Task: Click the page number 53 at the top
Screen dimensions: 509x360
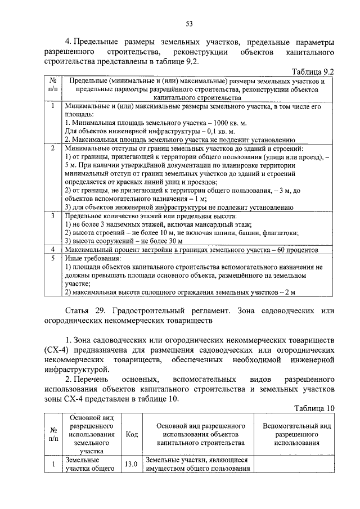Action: tap(190, 23)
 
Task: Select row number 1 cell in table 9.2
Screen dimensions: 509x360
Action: tap(52, 105)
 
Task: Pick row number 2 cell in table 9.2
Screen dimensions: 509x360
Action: tap(52, 148)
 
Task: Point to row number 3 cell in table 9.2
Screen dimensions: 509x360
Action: tap(52, 216)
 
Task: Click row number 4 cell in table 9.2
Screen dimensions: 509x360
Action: tap(52, 249)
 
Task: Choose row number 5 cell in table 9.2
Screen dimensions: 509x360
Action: tap(52, 258)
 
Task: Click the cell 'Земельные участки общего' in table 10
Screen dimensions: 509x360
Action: tap(88, 465)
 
